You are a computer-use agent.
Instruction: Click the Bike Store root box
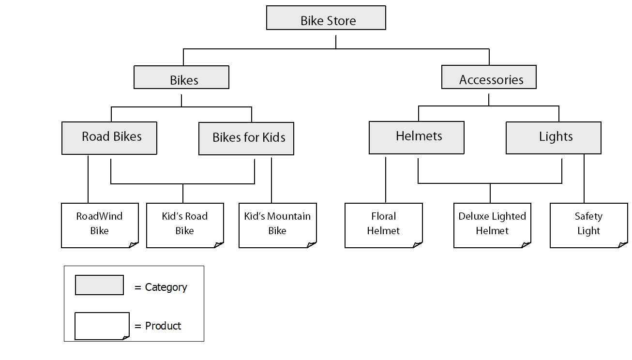pos(326,18)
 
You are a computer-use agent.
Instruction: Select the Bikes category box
pos(181,77)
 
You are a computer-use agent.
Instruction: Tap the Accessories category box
pos(489,77)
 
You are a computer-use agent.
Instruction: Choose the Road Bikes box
pos(109,138)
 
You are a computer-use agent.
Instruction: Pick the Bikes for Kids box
pos(246,138)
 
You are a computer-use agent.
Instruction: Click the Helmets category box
pos(417,137)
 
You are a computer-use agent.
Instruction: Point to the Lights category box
pos(554,138)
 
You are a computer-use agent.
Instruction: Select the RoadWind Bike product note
pos(100,225)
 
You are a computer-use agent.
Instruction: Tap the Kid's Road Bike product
pos(185,225)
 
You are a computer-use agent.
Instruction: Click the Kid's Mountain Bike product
pos(277,225)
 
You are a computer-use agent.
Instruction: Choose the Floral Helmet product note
pos(383,225)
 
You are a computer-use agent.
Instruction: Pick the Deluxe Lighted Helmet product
pos(492,225)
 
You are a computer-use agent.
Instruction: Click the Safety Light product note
pos(588,225)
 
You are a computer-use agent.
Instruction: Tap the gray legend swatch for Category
pos(99,285)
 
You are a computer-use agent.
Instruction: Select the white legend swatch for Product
pos(102,326)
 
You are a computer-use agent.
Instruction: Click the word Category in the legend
pos(166,287)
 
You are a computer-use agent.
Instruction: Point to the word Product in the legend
pos(163,326)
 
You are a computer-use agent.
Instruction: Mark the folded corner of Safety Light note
pos(622,244)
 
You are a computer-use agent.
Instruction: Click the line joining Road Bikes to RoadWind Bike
pos(88,179)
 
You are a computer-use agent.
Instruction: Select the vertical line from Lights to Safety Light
pos(584,179)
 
